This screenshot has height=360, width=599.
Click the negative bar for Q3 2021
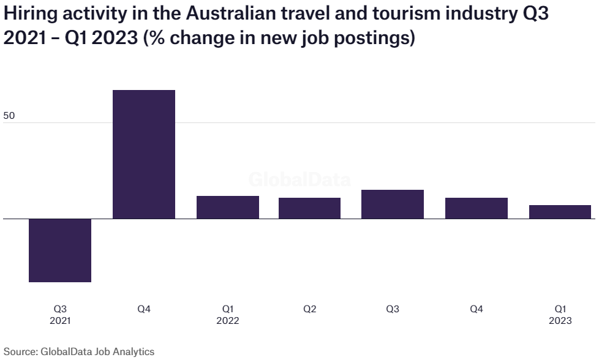click(60, 250)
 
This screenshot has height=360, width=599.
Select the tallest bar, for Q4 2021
click(144, 154)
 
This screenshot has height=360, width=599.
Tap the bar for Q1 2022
click(227, 207)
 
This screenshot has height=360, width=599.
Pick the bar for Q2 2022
click(309, 208)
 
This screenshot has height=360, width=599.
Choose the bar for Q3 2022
click(393, 204)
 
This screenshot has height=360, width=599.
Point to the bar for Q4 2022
click(476, 208)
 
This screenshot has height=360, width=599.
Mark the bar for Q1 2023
click(560, 212)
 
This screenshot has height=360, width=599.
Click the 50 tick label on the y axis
click(9, 115)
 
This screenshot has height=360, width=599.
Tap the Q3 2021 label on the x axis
click(61, 315)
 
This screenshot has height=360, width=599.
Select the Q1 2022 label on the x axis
click(227, 315)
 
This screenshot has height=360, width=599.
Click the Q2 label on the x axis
click(309, 309)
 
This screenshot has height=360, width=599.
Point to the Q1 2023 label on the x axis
click(560, 315)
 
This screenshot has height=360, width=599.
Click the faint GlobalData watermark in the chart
click(299, 180)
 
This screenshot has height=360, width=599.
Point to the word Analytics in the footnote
click(134, 351)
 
